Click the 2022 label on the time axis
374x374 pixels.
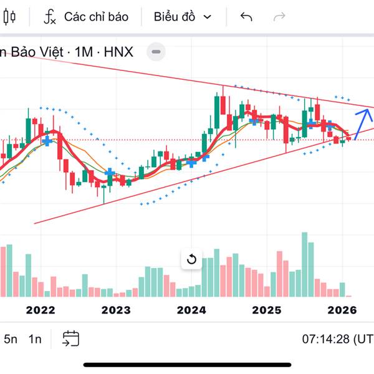point(41,310)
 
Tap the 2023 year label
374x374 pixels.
point(116,310)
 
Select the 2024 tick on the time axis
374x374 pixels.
point(191,310)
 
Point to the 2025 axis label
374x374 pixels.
point(267,310)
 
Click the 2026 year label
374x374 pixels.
point(342,310)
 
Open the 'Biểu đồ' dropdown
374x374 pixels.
point(183,17)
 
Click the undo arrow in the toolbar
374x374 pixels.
point(246,17)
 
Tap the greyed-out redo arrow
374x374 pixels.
point(280,17)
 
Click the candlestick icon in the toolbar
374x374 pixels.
point(8,17)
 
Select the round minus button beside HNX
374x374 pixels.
point(156,52)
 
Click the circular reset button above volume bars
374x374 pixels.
point(191,259)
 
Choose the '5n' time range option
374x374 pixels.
point(11,339)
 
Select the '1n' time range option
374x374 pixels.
point(35,339)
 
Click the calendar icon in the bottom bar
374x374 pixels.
point(70,338)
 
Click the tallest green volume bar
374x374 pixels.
point(305,264)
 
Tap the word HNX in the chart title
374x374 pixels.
point(118,52)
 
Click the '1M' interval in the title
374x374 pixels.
point(83,52)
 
